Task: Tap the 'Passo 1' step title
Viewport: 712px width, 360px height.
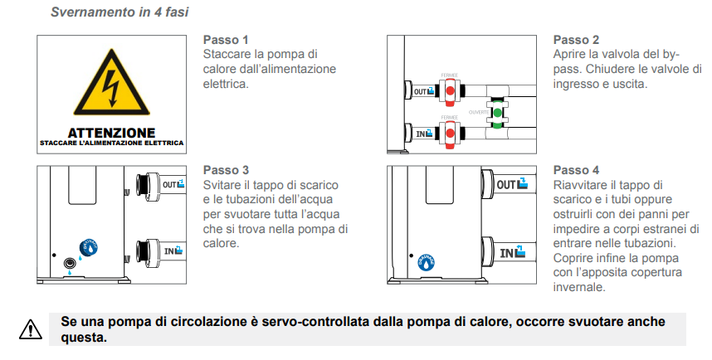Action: (x=226, y=40)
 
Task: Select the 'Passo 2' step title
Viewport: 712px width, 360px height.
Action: (x=576, y=40)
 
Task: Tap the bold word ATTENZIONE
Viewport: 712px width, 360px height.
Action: (x=111, y=133)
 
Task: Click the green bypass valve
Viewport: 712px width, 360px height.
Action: (x=497, y=113)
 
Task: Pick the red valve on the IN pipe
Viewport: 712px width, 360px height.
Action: (x=449, y=133)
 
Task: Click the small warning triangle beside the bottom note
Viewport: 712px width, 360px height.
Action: (x=30, y=330)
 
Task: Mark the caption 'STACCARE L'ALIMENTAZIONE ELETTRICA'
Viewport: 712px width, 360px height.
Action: (x=111, y=144)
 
